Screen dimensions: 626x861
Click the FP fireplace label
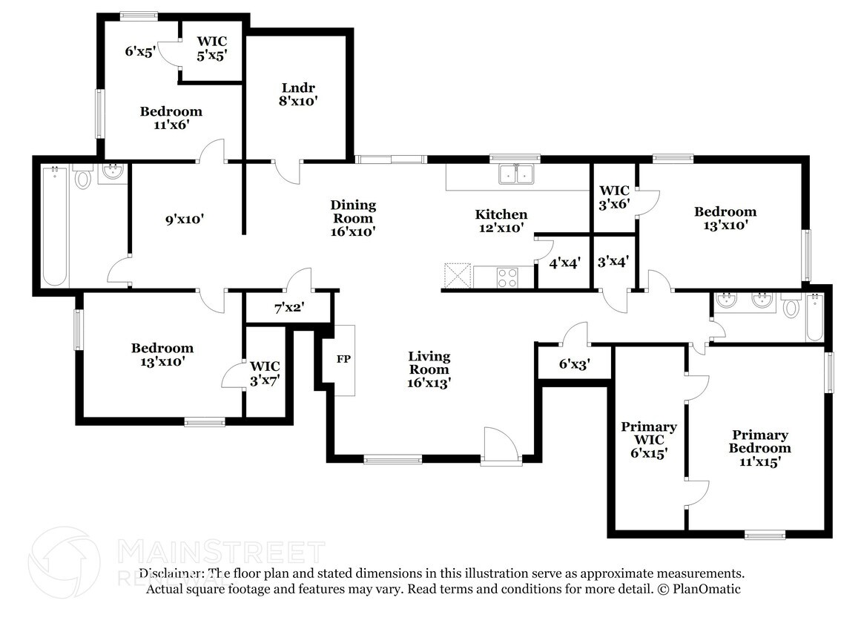[343, 360]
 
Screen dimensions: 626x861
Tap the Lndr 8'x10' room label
[299, 94]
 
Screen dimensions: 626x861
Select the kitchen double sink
[517, 174]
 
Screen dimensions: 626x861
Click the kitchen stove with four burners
[507, 278]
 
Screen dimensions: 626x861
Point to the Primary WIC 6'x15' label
[649, 440]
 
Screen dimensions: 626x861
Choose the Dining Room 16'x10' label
[353, 218]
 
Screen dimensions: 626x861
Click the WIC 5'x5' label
[211, 47]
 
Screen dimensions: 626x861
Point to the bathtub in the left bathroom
[56, 227]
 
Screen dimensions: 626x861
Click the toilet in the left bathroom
[82, 177]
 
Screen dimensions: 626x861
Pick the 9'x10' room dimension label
[183, 219]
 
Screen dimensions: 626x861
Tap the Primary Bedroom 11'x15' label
[759, 448]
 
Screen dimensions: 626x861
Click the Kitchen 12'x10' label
[501, 221]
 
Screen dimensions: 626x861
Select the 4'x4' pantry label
[563, 262]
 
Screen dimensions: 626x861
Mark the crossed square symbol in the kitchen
[458, 276]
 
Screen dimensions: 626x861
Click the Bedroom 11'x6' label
[171, 118]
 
